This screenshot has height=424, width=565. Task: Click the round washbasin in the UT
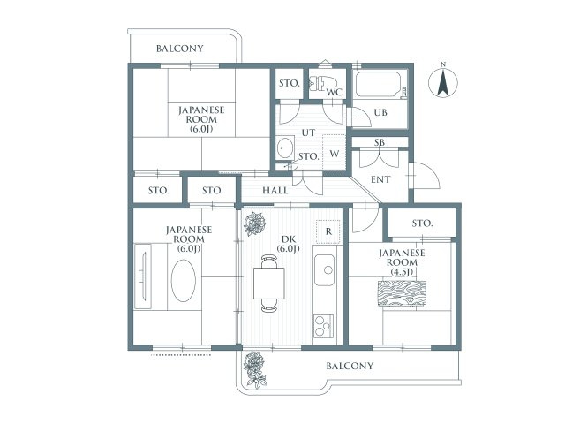(284, 148)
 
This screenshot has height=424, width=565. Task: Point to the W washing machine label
(334, 154)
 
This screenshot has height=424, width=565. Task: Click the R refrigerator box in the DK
(328, 231)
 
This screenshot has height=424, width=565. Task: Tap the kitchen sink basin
(324, 269)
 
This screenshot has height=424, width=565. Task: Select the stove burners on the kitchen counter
(323, 326)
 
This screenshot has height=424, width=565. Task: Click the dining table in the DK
(268, 284)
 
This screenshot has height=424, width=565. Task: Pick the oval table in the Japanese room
(184, 281)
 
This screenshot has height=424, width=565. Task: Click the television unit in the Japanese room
(143, 276)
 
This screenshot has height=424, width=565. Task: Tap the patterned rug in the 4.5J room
(402, 293)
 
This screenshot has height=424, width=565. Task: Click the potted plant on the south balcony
(255, 369)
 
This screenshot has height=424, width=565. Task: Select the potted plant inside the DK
(255, 223)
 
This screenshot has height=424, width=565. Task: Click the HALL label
(275, 191)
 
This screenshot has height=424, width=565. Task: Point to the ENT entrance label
(380, 179)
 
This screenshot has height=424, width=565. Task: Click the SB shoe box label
(379, 142)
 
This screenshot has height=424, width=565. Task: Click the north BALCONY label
(180, 49)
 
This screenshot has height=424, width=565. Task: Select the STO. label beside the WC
(290, 83)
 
